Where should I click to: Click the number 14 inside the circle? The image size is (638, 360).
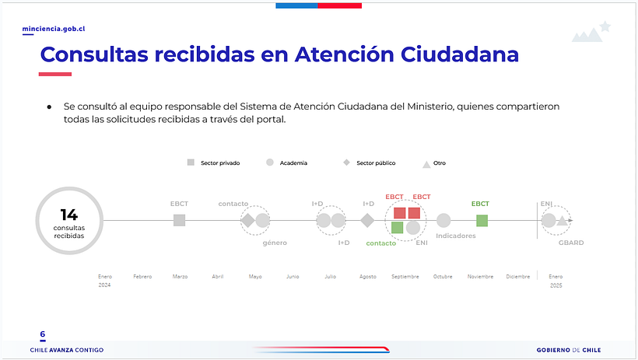pyautogui.click(x=69, y=215)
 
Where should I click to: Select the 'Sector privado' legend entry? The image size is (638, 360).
pyautogui.click(x=214, y=163)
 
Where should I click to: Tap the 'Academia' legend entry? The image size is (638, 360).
pyautogui.click(x=287, y=163)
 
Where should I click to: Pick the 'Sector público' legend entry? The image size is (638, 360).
pyautogui.click(x=370, y=163)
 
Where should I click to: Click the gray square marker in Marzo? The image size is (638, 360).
pyautogui.click(x=180, y=221)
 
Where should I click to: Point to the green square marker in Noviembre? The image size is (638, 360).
pyautogui.click(x=482, y=221)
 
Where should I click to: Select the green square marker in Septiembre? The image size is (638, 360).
pyautogui.click(x=398, y=228)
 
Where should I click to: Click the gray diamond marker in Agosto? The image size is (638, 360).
pyautogui.click(x=367, y=221)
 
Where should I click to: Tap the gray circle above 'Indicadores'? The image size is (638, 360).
pyautogui.click(x=443, y=221)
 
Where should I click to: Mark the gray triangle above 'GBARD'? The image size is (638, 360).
pyautogui.click(x=562, y=221)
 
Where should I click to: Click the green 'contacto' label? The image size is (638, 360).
pyautogui.click(x=380, y=243)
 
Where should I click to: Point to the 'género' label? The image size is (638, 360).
pyautogui.click(x=275, y=243)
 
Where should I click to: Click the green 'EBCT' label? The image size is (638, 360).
pyautogui.click(x=480, y=204)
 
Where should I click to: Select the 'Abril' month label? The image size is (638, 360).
pyautogui.click(x=217, y=276)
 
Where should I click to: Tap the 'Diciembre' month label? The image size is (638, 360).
pyautogui.click(x=517, y=276)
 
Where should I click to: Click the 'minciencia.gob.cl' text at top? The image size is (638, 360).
pyautogui.click(x=54, y=29)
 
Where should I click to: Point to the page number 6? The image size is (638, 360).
pyautogui.click(x=43, y=334)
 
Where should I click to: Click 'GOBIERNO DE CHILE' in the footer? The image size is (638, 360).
pyautogui.click(x=568, y=350)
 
